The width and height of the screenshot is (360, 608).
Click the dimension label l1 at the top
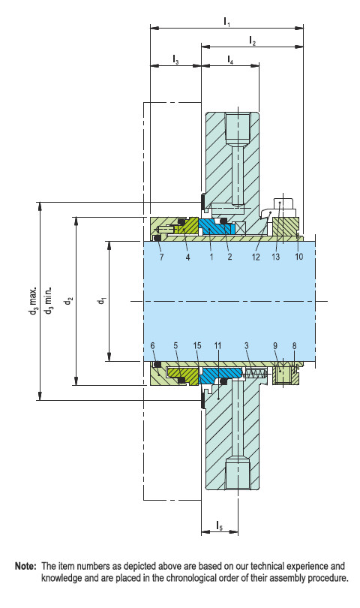(227, 23)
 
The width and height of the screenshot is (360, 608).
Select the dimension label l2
(253, 43)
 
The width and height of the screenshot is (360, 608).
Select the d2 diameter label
(68, 301)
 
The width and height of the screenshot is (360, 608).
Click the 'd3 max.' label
(33, 301)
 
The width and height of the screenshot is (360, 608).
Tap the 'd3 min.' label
(48, 301)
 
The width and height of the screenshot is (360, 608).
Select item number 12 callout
(256, 257)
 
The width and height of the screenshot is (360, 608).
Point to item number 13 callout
(277, 257)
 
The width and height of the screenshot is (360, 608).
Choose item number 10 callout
(298, 257)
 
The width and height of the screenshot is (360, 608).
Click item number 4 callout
(187, 257)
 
